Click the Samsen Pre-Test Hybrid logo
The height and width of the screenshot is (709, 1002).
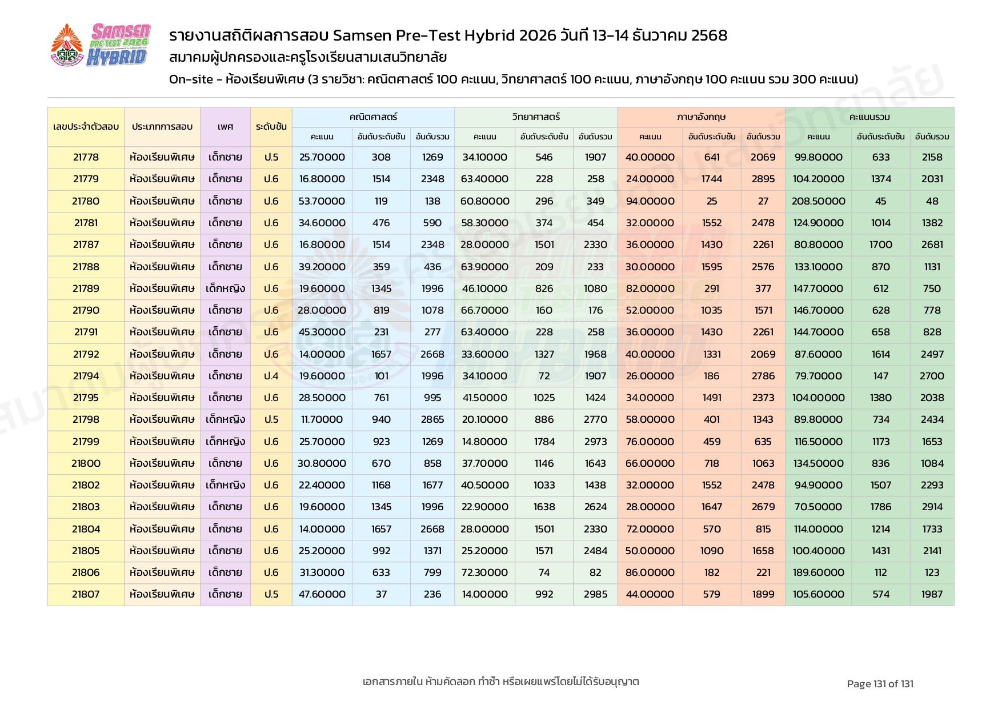(101, 45)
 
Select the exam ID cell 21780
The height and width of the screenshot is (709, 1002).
(86, 201)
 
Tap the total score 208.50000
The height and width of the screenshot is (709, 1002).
(818, 201)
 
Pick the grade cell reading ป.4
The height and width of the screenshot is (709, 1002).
(271, 376)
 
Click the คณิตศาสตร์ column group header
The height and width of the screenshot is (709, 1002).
(373, 117)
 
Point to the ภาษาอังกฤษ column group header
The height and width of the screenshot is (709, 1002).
(701, 117)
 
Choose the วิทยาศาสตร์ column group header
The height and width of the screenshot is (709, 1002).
(535, 117)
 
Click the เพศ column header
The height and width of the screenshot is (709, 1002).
(225, 127)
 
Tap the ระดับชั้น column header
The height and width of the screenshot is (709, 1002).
(271, 127)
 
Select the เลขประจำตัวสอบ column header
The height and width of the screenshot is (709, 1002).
(86, 127)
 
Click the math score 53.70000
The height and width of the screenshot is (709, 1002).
(322, 201)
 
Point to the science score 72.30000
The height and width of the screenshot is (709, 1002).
(484, 572)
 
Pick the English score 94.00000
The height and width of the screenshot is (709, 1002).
(650, 201)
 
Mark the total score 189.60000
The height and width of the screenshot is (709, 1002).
(818, 572)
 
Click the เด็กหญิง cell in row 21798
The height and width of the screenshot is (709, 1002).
(225, 419)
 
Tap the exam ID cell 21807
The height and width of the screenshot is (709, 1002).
(86, 594)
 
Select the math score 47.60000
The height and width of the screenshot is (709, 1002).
(322, 594)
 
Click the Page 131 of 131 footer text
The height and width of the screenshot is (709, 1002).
(880, 684)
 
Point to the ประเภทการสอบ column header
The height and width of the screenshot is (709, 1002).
(162, 127)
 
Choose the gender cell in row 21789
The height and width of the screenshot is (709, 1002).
(225, 289)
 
